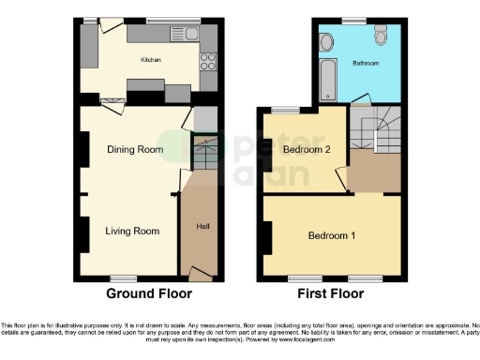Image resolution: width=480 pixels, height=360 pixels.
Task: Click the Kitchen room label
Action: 151,59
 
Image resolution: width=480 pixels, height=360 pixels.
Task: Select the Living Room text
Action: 131,231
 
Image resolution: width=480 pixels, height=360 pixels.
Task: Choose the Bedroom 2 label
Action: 301,148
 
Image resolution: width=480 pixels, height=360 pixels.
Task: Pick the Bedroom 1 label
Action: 333,234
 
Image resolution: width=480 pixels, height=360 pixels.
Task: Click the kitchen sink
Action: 179,35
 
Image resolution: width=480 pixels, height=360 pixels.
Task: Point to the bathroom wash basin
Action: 325,42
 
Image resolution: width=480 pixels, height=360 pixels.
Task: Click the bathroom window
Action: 353,20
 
